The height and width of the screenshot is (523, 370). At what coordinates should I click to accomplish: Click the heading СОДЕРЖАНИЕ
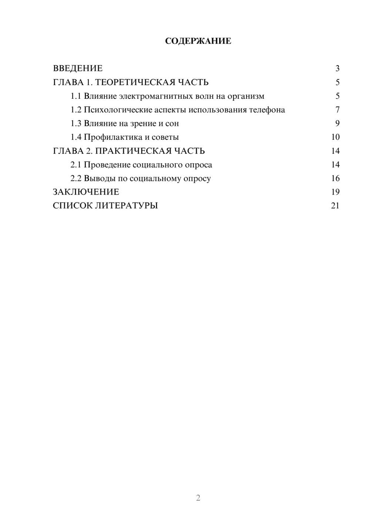pyautogui.click(x=198, y=41)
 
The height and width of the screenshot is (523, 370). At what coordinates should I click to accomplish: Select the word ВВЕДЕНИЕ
pyautogui.click(x=78, y=68)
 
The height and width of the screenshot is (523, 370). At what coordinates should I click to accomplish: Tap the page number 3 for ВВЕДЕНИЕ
pyautogui.click(x=337, y=68)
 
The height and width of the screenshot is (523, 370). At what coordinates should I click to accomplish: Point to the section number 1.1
pyautogui.click(x=75, y=96)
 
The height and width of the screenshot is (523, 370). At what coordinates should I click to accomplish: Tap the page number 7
pyautogui.click(x=337, y=110)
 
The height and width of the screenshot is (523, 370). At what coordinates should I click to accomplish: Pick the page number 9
pyautogui.click(x=337, y=124)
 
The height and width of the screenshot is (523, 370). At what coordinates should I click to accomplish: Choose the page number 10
pyautogui.click(x=335, y=137)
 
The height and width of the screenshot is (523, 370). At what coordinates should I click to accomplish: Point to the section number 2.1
pyautogui.click(x=75, y=165)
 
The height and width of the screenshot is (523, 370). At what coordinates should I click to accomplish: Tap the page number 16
pyautogui.click(x=335, y=178)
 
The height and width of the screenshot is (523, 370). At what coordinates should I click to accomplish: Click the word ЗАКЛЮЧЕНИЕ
pyautogui.click(x=86, y=192)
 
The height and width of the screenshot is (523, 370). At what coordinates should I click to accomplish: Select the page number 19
pyautogui.click(x=335, y=192)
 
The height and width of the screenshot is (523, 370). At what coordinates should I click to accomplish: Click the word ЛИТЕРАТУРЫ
pyautogui.click(x=127, y=206)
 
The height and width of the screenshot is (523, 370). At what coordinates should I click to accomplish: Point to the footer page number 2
pyautogui.click(x=198, y=498)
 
